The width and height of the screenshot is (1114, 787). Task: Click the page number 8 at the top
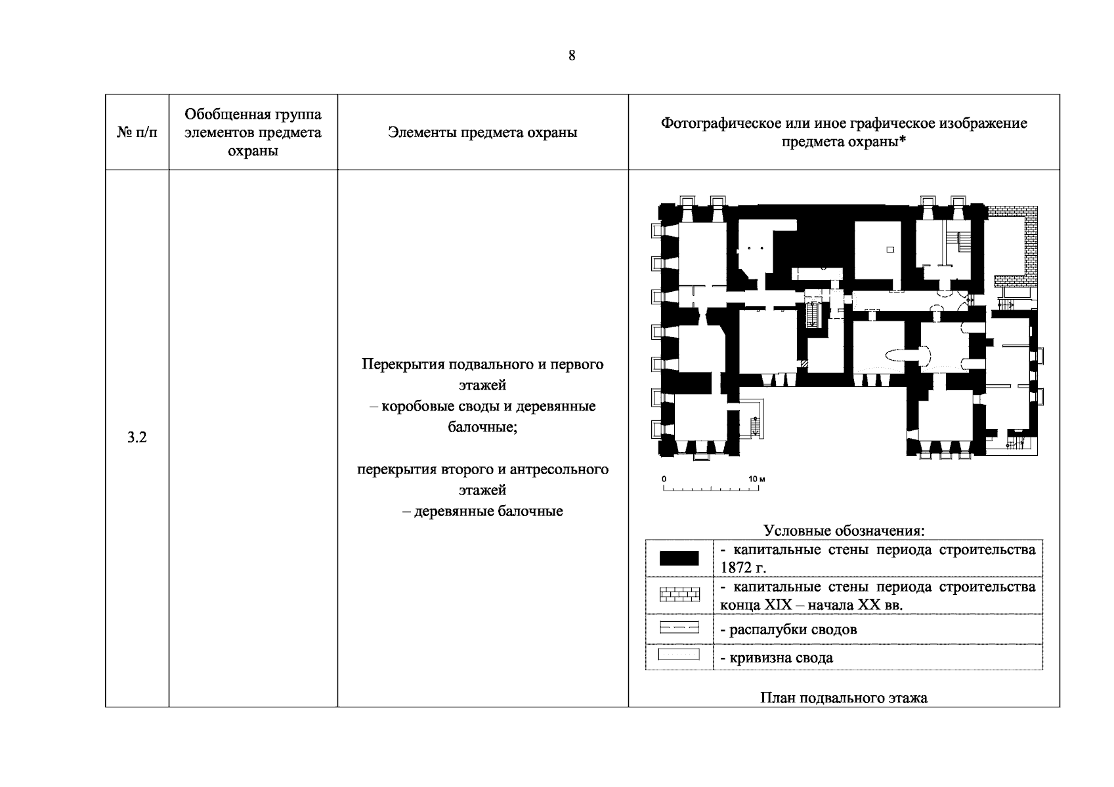pos(572,56)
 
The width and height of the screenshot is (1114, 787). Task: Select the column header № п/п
pos(137,132)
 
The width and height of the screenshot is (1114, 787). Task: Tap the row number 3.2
pos(137,437)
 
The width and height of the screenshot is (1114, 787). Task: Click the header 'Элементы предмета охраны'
pos(482,132)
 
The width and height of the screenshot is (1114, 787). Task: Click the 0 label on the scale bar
pos(664,479)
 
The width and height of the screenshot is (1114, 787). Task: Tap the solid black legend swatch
pos(679,558)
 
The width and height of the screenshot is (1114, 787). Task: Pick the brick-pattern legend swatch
pos(679,595)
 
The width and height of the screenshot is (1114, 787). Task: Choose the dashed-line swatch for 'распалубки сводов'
pos(679,629)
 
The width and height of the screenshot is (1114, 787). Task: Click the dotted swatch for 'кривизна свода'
pos(679,655)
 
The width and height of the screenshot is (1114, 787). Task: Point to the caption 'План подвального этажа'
pos(844,698)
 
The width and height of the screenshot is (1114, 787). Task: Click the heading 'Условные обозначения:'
pos(844,531)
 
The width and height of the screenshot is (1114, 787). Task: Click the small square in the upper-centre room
pos(890,249)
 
